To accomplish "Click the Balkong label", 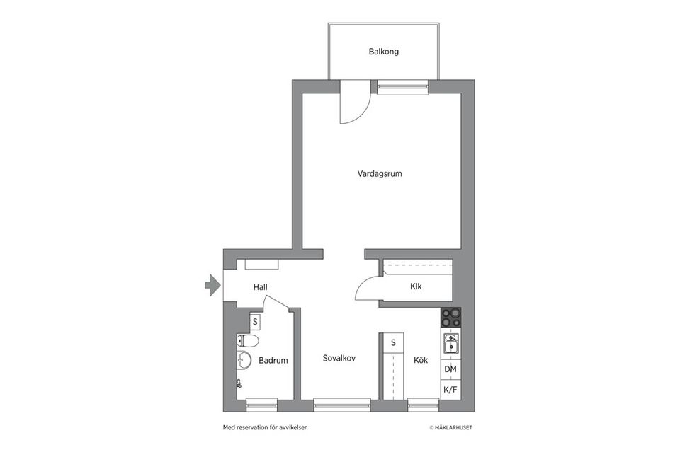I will pyautogui.click(x=383, y=52).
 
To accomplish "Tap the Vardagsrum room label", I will pyautogui.click(x=380, y=173).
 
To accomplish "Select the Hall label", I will pyautogui.click(x=260, y=287).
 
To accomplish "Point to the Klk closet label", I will pyautogui.click(x=416, y=286).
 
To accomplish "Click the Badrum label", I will pyautogui.click(x=273, y=360).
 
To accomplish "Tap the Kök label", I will pyautogui.click(x=421, y=360).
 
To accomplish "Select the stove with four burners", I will pyautogui.click(x=450, y=317).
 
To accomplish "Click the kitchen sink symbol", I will pyautogui.click(x=450, y=344).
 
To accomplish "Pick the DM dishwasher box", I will pyautogui.click(x=450, y=369).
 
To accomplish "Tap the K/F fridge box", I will pyautogui.click(x=450, y=389).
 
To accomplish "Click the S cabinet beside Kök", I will pyautogui.click(x=392, y=343).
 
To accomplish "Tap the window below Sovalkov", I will pyautogui.click(x=341, y=405).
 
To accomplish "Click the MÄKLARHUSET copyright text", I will pyautogui.click(x=450, y=427).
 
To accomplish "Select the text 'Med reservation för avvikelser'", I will pyautogui.click(x=265, y=427).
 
